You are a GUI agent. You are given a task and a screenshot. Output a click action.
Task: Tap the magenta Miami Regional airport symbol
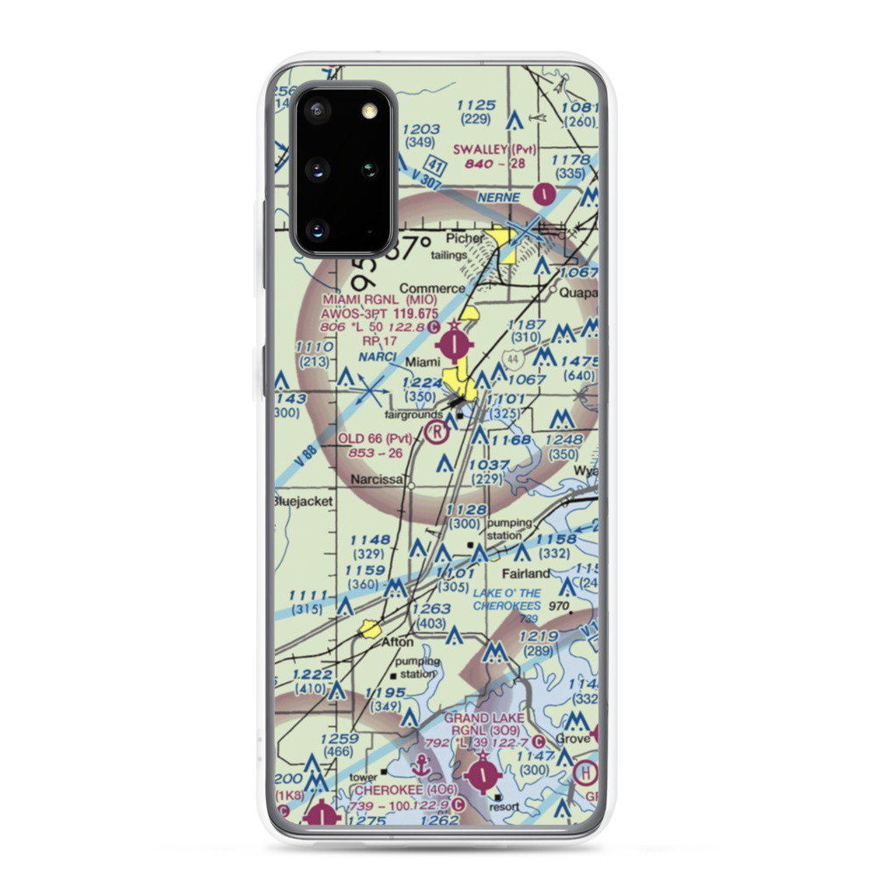click(x=457, y=343)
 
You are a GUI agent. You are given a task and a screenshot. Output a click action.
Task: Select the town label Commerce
click(x=432, y=288)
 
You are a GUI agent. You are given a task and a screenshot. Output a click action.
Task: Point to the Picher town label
click(x=464, y=238)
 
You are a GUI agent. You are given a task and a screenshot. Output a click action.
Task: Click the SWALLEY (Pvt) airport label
click(x=493, y=150)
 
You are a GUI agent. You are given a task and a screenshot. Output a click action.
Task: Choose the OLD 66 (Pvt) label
click(x=374, y=438)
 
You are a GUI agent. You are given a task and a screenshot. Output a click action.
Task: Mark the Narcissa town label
click(x=377, y=480)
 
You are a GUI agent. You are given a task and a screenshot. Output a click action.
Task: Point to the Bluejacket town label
click(x=298, y=501)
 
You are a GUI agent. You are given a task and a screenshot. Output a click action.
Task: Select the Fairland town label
click(x=525, y=574)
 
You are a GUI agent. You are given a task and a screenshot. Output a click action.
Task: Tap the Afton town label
click(x=397, y=641)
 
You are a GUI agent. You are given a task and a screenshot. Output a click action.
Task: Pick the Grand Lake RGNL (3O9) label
click(x=484, y=724)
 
